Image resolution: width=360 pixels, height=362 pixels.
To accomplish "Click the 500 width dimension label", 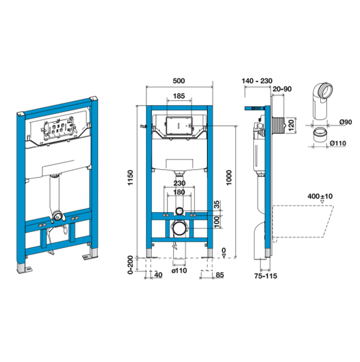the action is click(179, 81).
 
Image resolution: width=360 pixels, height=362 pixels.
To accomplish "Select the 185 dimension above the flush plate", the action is click(179, 96).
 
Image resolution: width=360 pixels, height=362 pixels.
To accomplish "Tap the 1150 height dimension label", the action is click(131, 177).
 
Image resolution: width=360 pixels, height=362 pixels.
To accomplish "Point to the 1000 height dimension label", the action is click(229, 177).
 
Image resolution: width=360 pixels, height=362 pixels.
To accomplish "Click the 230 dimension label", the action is click(179, 183).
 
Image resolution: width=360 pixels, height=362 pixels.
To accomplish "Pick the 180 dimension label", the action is click(179, 192).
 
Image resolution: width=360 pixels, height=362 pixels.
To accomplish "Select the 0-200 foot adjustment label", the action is click(131, 265).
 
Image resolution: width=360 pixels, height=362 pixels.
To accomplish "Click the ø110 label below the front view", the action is click(179, 270).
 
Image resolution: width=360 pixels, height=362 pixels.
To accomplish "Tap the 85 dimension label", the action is click(220, 275).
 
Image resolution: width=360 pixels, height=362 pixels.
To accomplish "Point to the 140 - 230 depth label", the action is click(257, 81).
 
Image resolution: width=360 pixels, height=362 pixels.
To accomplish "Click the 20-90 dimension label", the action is click(282, 89).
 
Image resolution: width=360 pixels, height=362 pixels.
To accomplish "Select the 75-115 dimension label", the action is click(266, 276).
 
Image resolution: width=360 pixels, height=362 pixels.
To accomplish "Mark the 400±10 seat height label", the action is click(320, 196).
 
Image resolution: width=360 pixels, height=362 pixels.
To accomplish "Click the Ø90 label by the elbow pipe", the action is click(346, 121).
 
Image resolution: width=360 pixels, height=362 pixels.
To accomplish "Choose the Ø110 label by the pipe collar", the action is click(338, 143).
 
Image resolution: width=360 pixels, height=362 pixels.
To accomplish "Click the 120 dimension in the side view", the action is click(291, 125).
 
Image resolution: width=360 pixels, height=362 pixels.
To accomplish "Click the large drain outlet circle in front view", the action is click(179, 228).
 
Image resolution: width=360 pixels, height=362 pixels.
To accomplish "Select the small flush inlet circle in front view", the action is click(179, 211).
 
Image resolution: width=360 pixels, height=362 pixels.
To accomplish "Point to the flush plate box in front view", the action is click(179, 125).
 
